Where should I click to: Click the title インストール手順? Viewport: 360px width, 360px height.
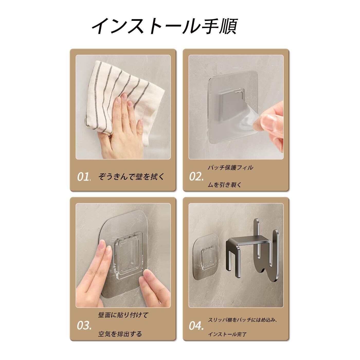(x=165, y=26)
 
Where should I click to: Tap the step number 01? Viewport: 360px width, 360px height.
(x=84, y=177)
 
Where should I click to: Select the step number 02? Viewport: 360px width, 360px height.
(x=196, y=177)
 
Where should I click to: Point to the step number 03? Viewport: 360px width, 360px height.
(x=84, y=326)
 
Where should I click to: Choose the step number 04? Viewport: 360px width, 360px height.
(x=196, y=326)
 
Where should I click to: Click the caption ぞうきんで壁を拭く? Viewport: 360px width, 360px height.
(x=131, y=177)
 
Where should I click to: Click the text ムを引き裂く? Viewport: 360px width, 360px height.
(x=225, y=185)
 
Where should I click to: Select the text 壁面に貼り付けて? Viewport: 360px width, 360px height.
(x=123, y=315)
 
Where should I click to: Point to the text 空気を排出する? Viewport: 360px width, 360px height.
(x=120, y=334)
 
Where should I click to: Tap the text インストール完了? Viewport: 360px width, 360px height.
(x=227, y=334)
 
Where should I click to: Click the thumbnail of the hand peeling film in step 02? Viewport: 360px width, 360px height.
(x=236, y=107)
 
